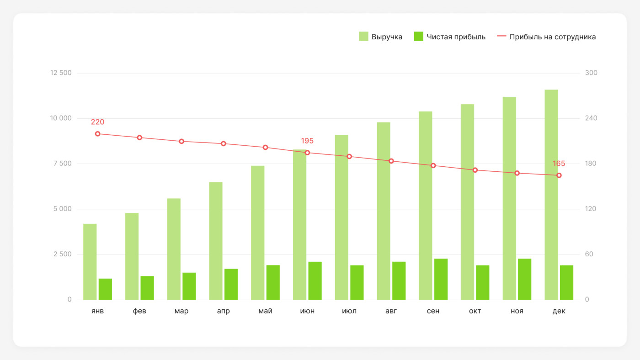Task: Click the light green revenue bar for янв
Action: click(x=90, y=262)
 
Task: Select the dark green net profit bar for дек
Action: click(x=566, y=283)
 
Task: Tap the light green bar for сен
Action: click(x=426, y=206)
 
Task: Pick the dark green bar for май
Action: click(x=273, y=283)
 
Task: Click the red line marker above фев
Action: click(x=139, y=138)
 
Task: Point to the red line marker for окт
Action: click(x=475, y=170)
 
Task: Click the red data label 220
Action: click(x=97, y=122)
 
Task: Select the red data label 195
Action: click(x=307, y=141)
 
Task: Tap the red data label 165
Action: click(x=559, y=164)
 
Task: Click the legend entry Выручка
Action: click(x=380, y=37)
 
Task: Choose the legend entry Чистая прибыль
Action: click(x=449, y=37)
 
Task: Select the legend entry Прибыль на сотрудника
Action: click(x=546, y=37)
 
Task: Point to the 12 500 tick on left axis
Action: click(x=61, y=73)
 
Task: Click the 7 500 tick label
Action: click(x=62, y=164)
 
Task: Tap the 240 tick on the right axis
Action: click(x=591, y=118)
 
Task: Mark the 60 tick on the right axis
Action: click(x=589, y=254)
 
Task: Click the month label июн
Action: click(x=307, y=311)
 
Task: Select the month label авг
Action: click(x=391, y=311)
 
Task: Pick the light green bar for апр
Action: click(x=216, y=241)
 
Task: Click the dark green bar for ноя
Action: click(x=525, y=279)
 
